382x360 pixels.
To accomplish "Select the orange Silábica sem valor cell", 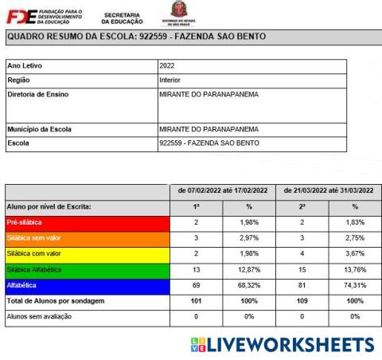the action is pos(90,237).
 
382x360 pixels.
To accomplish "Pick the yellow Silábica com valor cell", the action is pos(90,253).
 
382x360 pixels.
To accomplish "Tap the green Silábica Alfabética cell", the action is pos(90,269).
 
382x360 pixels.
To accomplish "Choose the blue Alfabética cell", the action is pos(90,285).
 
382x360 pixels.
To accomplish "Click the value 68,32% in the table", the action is pos(251,285).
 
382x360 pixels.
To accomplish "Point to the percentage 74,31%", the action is pos(354,285).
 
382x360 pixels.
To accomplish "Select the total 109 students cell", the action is pos(303,300).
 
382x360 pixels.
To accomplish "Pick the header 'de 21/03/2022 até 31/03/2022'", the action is pos(329,192).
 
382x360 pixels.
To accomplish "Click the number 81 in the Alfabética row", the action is pos(303,285).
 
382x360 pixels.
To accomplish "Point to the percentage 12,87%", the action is pos(251,269).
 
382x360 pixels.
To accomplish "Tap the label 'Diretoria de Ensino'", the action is pos(38,95).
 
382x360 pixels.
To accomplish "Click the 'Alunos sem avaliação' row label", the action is pos(39,316).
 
